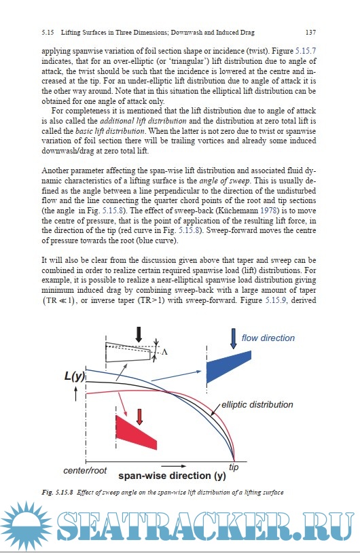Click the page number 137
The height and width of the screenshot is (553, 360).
click(x=310, y=33)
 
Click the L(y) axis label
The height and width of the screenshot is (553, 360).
click(x=75, y=376)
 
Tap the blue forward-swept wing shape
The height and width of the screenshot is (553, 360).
click(x=228, y=367)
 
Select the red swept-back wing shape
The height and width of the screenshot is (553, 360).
click(x=136, y=432)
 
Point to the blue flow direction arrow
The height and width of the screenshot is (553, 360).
click(x=234, y=338)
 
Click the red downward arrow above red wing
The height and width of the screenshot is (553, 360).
click(x=140, y=417)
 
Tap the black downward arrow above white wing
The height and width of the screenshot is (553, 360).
click(x=139, y=335)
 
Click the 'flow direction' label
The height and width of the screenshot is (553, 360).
click(x=268, y=338)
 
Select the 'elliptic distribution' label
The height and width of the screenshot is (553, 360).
click(x=257, y=404)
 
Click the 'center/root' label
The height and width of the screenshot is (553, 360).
click(x=85, y=471)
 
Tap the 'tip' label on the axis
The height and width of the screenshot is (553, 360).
click(x=234, y=467)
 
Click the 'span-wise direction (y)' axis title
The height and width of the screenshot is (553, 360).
click(x=172, y=476)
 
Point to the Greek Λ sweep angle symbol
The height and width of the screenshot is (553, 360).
click(x=164, y=352)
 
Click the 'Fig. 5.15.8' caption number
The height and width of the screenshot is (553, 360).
click(x=57, y=493)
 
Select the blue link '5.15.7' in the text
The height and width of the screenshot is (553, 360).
click(x=306, y=51)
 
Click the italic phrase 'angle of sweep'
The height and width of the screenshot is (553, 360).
click(x=225, y=181)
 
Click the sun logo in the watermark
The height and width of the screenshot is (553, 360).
click(x=26, y=527)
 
